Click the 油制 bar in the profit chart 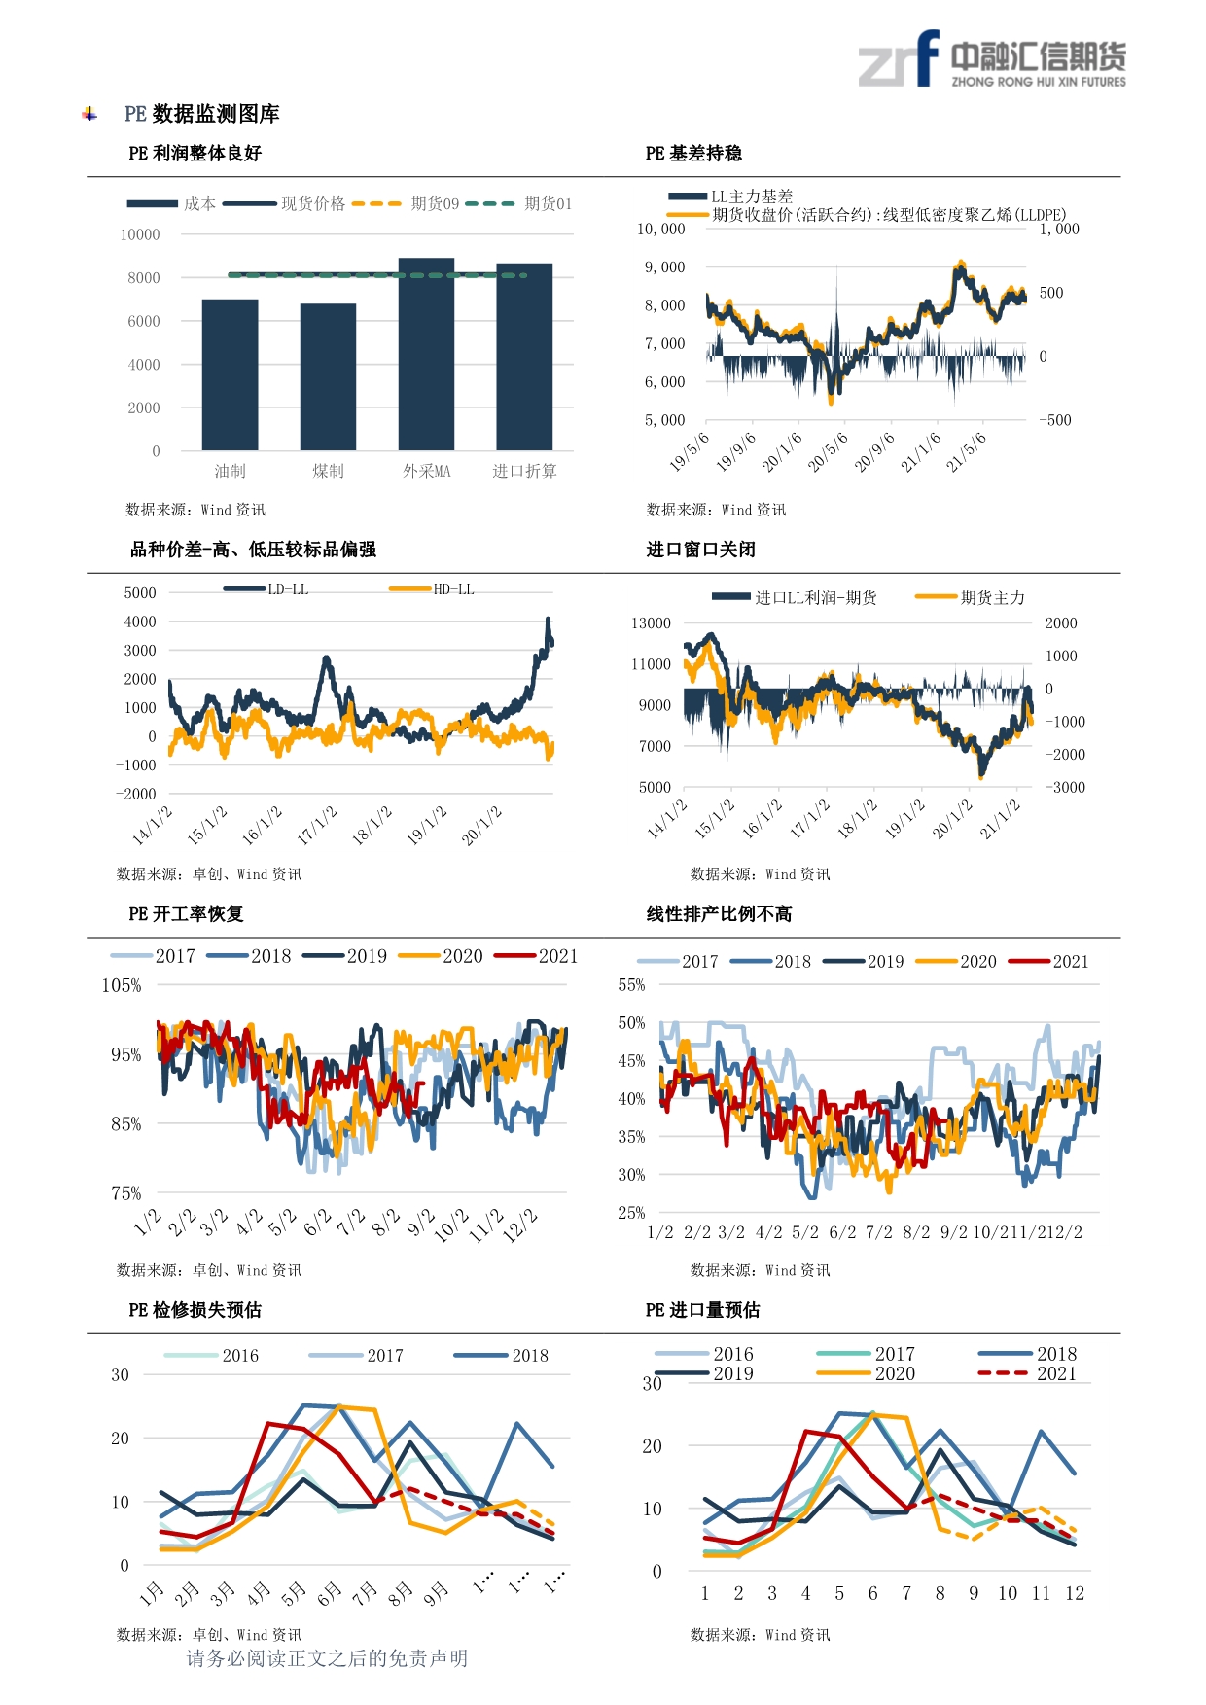[x=230, y=374]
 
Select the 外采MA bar [x=426, y=354]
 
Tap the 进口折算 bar [x=524, y=357]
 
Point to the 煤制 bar [x=328, y=377]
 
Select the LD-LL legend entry [x=266, y=589]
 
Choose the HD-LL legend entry [x=431, y=589]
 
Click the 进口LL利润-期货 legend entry [x=794, y=597]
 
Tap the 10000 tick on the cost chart [x=140, y=234]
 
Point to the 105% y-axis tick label [x=122, y=985]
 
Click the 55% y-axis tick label [x=631, y=984]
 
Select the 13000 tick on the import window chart [x=651, y=622]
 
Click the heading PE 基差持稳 [x=693, y=153]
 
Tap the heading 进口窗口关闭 [x=700, y=550]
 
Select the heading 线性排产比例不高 [x=719, y=913]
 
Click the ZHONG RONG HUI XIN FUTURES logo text [x=1039, y=82]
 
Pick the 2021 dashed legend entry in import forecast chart [x=1027, y=1373]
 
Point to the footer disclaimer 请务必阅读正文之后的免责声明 [x=327, y=1658]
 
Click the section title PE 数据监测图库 [x=202, y=114]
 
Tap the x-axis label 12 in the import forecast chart [x=1074, y=1593]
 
